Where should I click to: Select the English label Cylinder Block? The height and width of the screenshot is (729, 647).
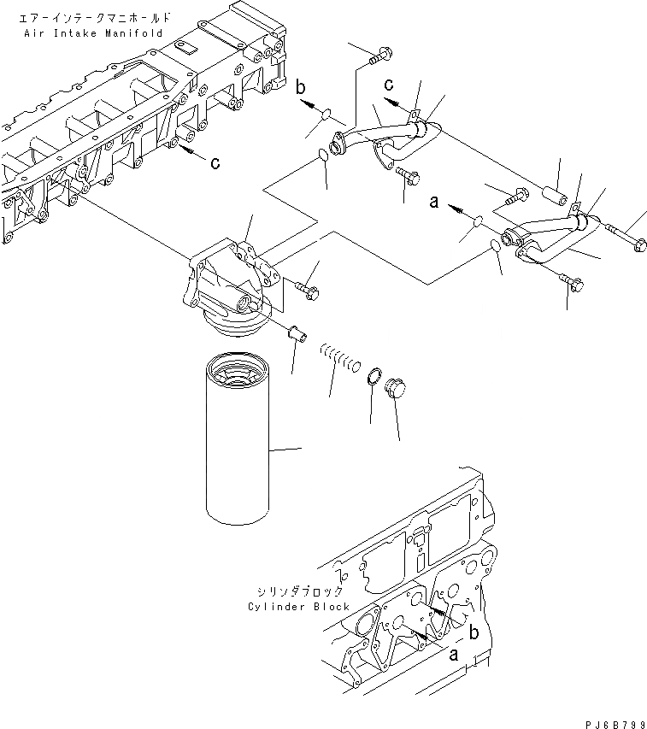(299, 606)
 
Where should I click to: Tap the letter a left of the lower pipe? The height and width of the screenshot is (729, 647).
(433, 203)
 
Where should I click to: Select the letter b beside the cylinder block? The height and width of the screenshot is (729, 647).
(473, 633)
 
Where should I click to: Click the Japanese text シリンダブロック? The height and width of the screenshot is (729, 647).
(298, 591)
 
